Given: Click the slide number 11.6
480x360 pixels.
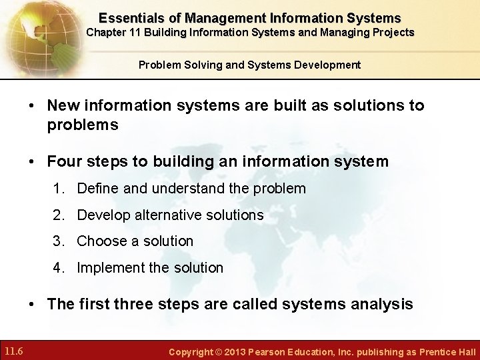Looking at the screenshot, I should tap(14, 351).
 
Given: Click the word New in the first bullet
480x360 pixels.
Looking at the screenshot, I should tap(65, 105).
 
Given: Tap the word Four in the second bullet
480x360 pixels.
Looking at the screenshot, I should tap(65, 161).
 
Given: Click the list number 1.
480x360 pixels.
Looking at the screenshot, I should tap(59, 189).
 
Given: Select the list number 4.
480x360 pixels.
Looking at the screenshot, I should tap(59, 268).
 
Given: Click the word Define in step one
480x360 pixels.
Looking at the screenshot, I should tap(98, 189).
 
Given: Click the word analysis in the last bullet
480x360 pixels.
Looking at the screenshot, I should tap(383, 305).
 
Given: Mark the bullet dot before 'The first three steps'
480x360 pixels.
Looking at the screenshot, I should tap(32, 305).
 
